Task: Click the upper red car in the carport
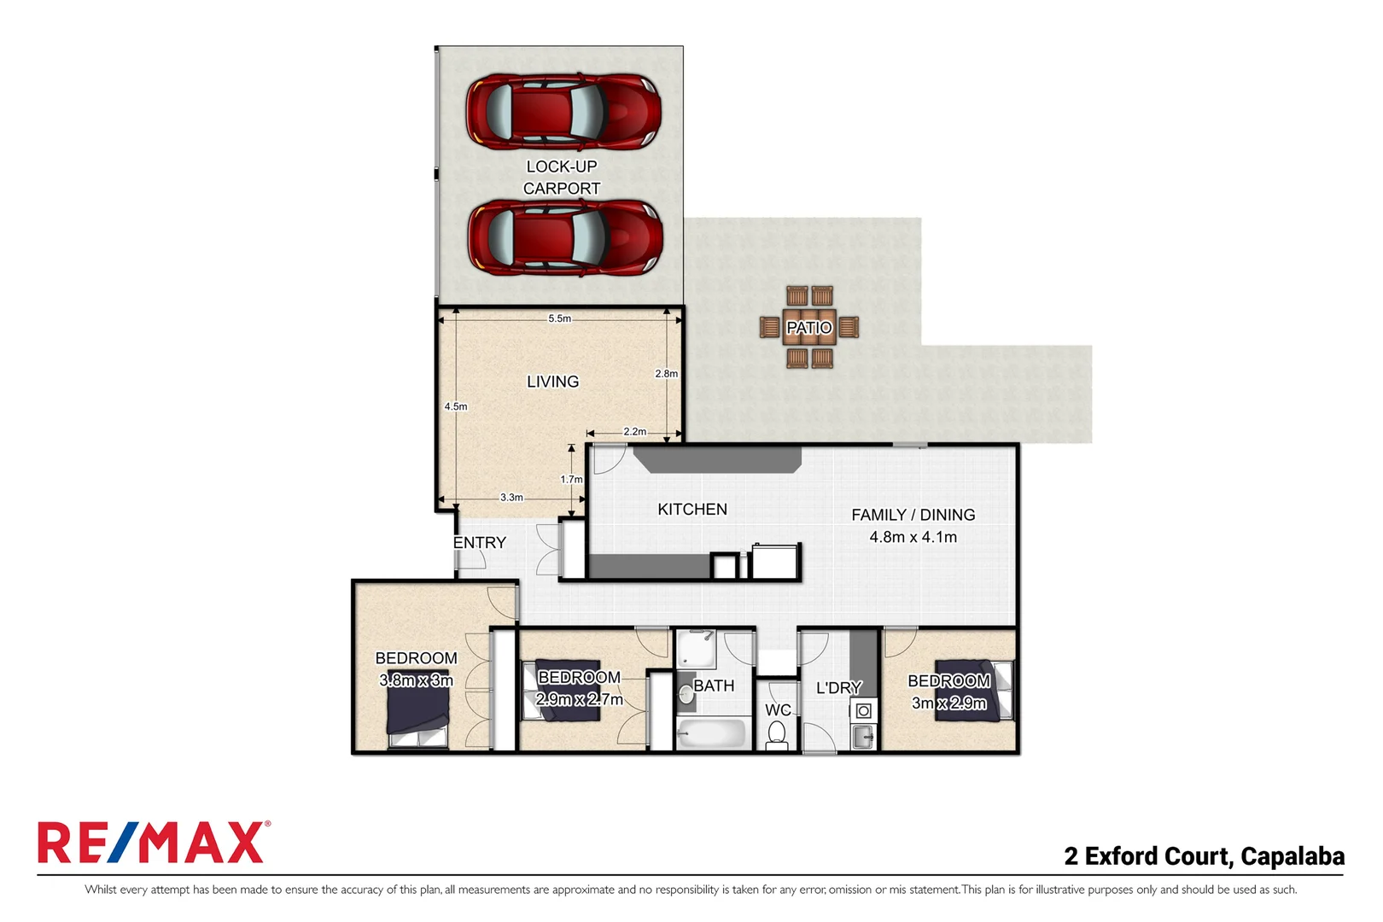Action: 563,112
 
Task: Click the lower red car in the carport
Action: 565,237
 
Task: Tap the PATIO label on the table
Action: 808,328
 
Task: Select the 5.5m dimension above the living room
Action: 560,318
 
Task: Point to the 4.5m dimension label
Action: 456,406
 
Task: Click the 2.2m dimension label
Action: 634,432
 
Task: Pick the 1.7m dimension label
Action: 571,480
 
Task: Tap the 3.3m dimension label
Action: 511,497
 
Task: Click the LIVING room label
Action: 552,382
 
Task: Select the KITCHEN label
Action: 692,510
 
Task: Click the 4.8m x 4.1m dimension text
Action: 913,537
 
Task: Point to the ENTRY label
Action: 479,543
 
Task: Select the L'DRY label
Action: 838,688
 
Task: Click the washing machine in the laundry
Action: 863,711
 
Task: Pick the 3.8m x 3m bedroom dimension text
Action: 416,680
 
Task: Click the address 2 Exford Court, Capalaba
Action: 1204,855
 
